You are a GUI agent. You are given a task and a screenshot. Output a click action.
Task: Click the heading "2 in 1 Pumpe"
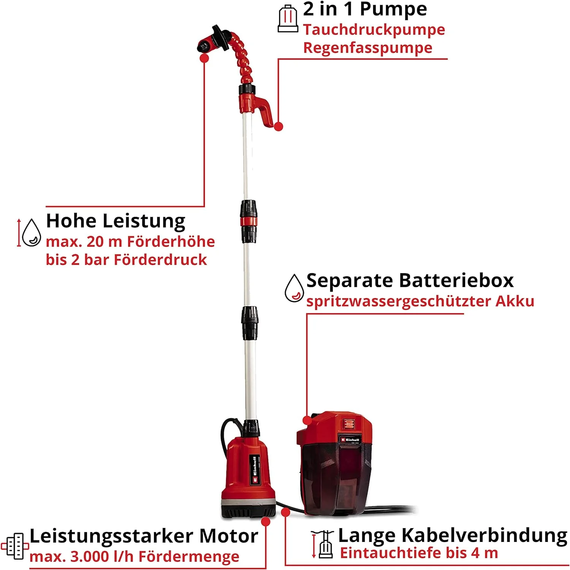click(365, 9)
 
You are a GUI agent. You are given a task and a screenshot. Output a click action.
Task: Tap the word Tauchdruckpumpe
click(374, 30)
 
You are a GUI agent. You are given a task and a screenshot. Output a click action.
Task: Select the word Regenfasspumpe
click(367, 48)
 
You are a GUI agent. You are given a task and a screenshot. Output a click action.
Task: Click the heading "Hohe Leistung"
click(116, 221)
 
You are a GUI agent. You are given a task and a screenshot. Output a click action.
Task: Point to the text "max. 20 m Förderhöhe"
click(130, 242)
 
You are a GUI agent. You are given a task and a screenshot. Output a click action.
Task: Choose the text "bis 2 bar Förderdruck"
click(126, 260)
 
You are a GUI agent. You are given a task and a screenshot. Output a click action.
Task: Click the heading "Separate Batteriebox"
click(410, 281)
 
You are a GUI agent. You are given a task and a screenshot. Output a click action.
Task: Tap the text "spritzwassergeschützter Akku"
click(420, 301)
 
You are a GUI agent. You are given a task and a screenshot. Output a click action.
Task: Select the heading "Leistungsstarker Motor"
click(144, 536)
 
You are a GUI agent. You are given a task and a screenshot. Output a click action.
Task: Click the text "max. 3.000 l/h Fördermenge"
click(135, 557)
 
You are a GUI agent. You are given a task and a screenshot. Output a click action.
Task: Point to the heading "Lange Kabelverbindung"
click(452, 535)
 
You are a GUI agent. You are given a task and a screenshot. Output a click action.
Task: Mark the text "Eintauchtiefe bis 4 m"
click(419, 553)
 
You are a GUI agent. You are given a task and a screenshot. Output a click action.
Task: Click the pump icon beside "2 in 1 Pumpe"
click(288, 19)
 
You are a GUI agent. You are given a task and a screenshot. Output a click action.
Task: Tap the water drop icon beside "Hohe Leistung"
click(31, 233)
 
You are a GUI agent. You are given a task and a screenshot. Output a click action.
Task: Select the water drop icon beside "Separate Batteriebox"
click(294, 288)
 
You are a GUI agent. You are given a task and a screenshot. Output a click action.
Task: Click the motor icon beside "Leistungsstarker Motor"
click(15, 546)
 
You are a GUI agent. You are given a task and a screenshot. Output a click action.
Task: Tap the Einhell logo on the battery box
click(350, 440)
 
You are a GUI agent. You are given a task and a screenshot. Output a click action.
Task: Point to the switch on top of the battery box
click(348, 423)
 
